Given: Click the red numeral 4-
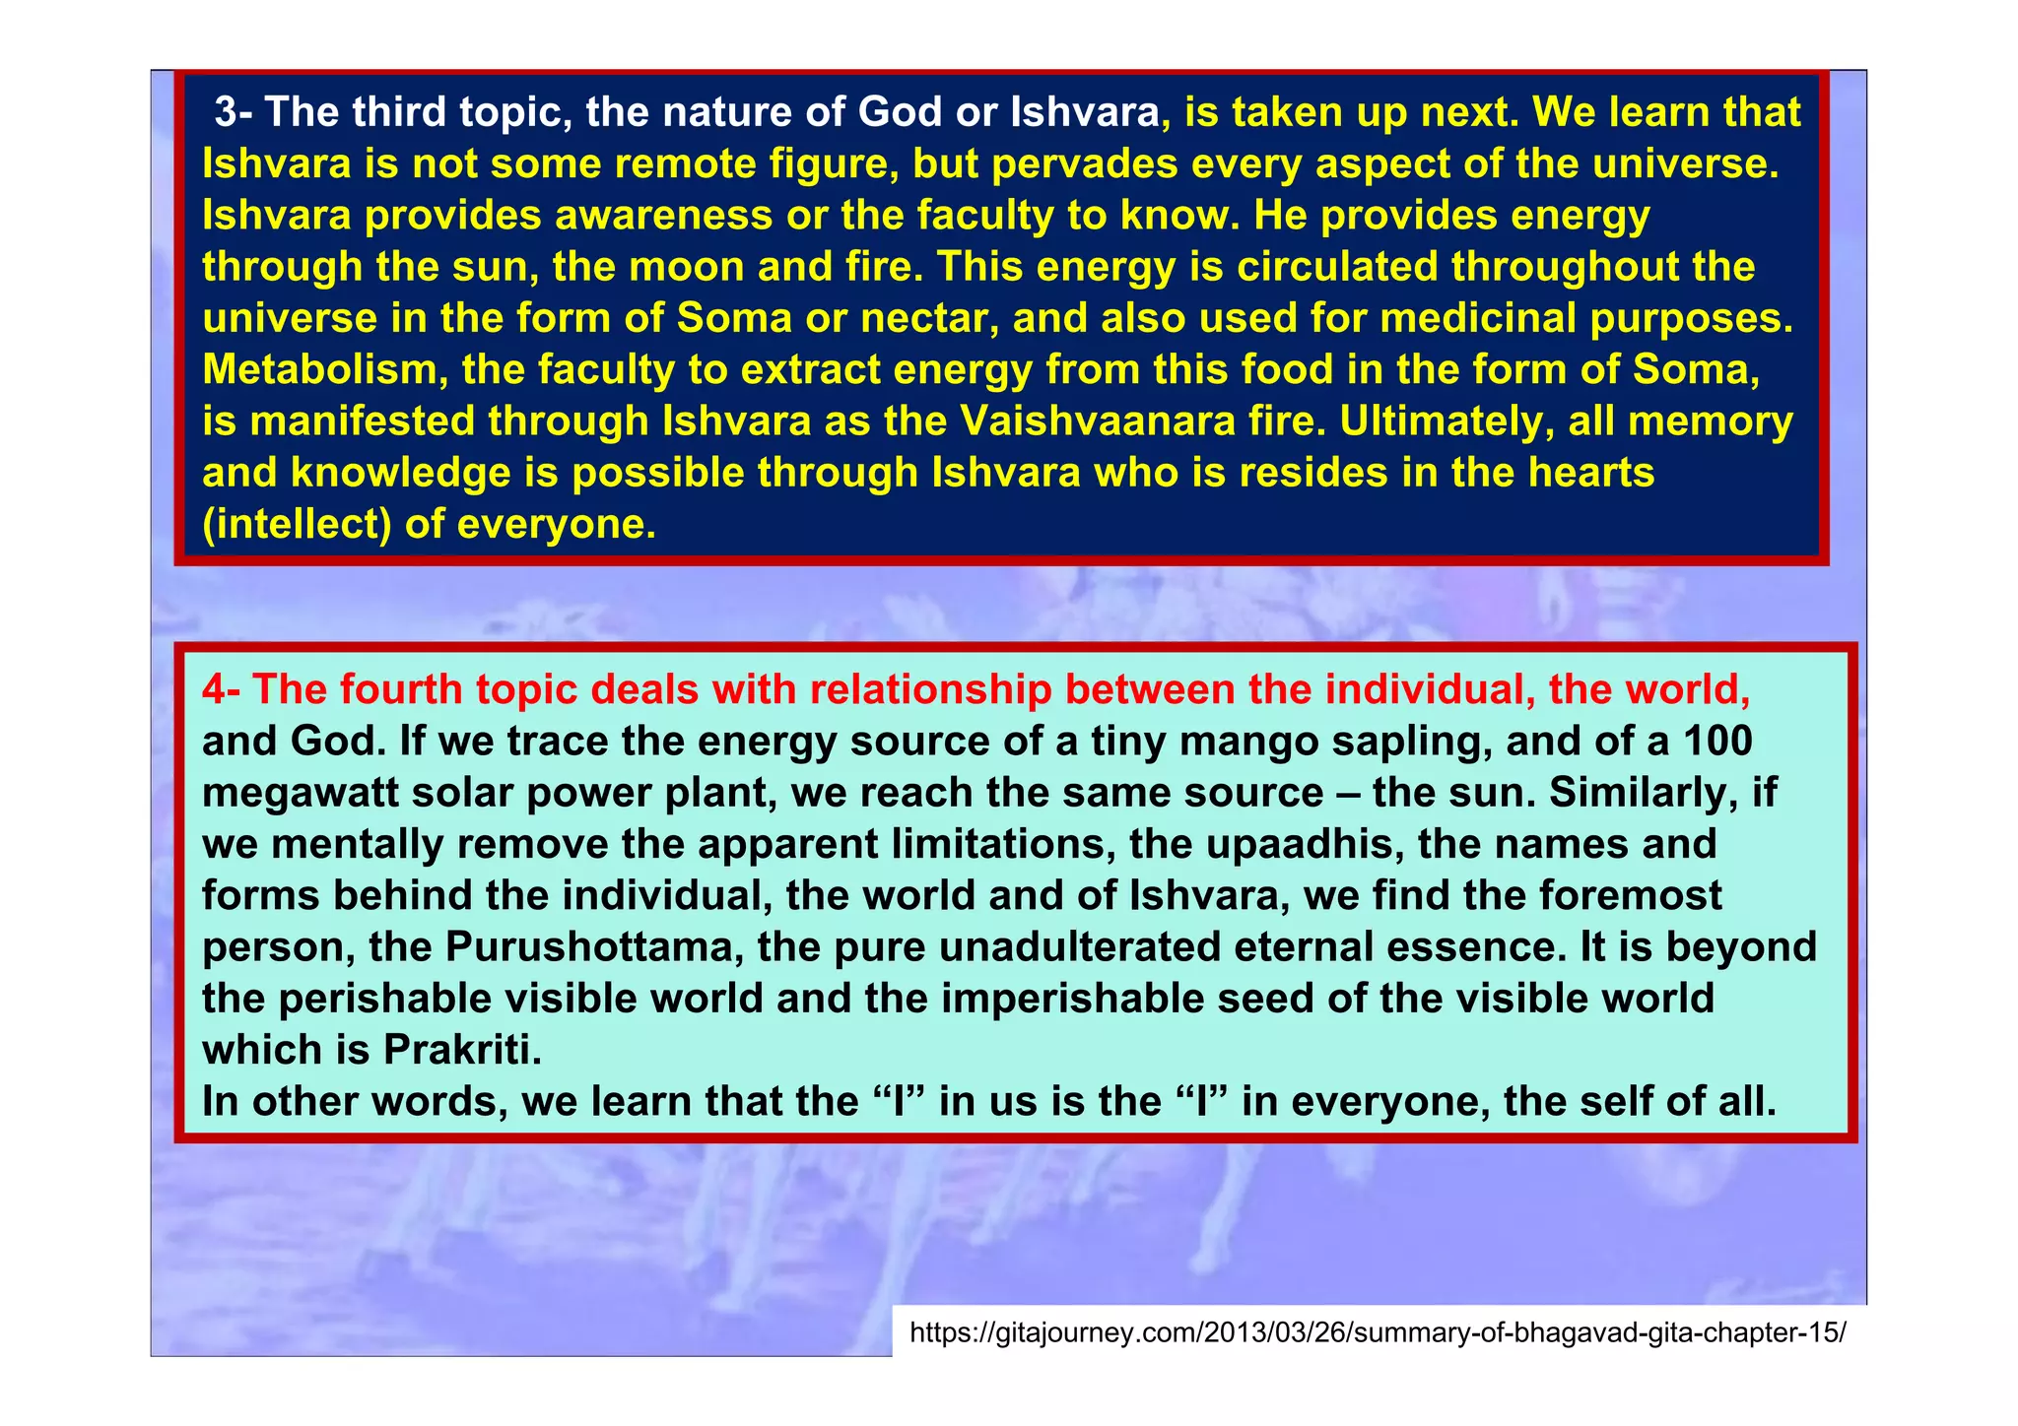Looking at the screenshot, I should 223,690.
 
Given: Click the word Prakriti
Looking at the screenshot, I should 462,1050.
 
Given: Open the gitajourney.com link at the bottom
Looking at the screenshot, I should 1377,1333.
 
